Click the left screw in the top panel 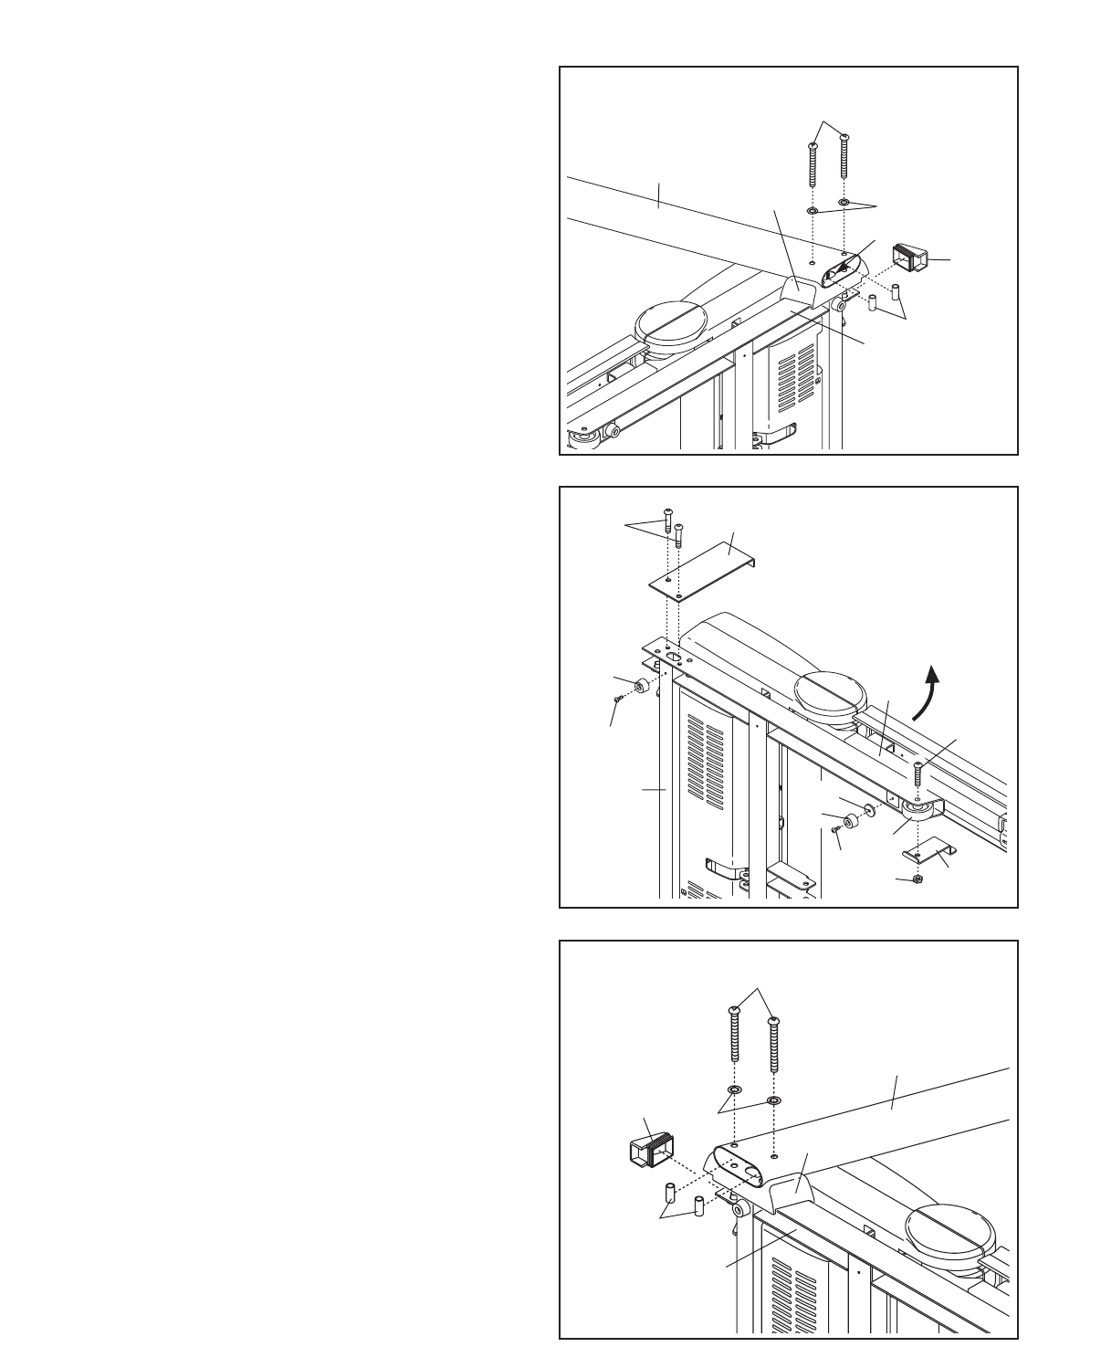click(813, 164)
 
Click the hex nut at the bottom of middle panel click(917, 879)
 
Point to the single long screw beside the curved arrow click(917, 773)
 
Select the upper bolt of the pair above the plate click(668, 519)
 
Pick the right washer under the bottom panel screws click(774, 1100)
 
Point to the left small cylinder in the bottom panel click(668, 1191)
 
